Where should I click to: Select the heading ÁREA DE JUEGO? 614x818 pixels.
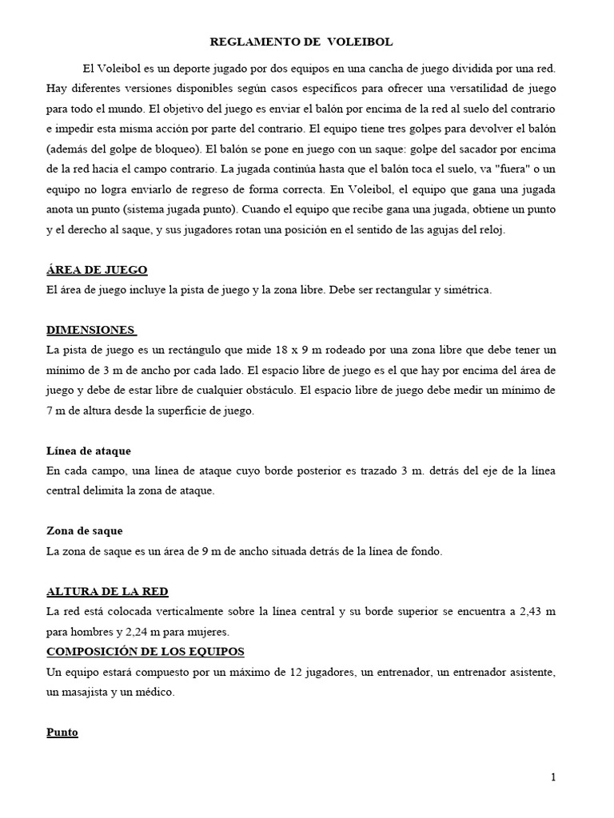pyautogui.click(x=97, y=269)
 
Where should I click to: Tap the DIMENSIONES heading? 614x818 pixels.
pyautogui.click(x=91, y=330)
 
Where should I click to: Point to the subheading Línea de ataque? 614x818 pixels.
pyautogui.click(x=89, y=451)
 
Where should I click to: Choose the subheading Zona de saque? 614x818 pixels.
pyautogui.click(x=85, y=530)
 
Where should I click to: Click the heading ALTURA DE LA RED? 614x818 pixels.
pyautogui.click(x=107, y=592)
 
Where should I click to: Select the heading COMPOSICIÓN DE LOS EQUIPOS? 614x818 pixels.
pyautogui.click(x=146, y=651)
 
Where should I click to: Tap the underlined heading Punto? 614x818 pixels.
pyautogui.click(x=62, y=732)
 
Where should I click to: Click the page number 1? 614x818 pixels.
pyautogui.click(x=552, y=777)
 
